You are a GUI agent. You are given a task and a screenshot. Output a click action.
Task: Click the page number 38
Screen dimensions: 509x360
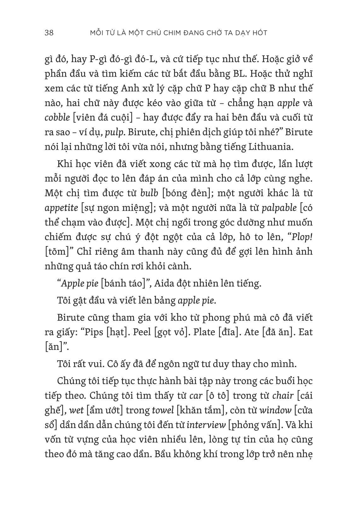pyautogui.click(x=49, y=32)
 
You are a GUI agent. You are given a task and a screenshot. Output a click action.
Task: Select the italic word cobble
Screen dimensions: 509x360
pyautogui.click(x=57, y=117)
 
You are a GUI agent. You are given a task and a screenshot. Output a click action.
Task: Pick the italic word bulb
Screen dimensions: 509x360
pyautogui.click(x=149, y=193)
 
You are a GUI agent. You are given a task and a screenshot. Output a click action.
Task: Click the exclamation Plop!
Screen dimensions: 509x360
pyautogui.click(x=301, y=237)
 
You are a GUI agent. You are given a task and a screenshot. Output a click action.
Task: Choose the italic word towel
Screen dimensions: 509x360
pyautogui.click(x=163, y=410)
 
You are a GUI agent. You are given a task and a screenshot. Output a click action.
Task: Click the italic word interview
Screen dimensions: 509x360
pyautogui.click(x=206, y=425)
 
